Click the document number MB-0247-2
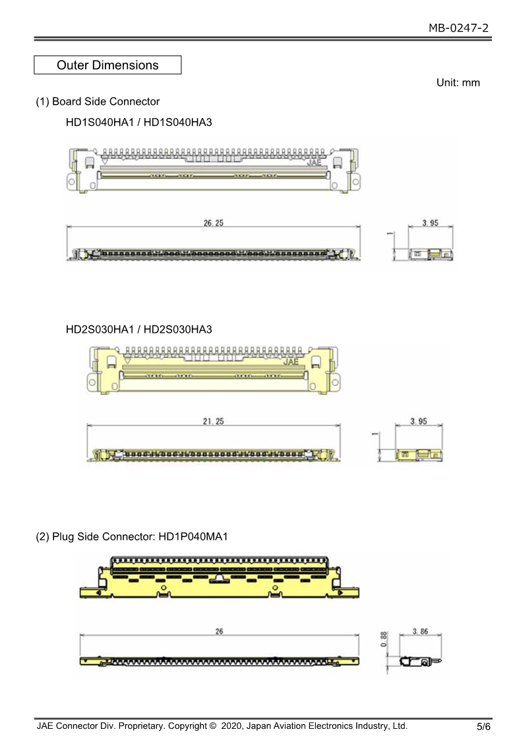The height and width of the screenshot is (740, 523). (x=458, y=28)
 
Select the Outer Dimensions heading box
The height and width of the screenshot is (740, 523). (x=108, y=65)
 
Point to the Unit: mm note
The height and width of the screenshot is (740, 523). (x=458, y=82)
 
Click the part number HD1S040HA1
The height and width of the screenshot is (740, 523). (x=100, y=122)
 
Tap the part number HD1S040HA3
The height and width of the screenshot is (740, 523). (x=177, y=122)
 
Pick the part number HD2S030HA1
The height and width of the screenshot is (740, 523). (x=100, y=329)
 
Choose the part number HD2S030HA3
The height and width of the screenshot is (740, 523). (x=177, y=329)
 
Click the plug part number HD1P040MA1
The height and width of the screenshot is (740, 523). (x=193, y=536)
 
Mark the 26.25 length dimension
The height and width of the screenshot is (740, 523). (x=214, y=223)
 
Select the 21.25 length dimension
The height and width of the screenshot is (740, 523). (x=214, y=421)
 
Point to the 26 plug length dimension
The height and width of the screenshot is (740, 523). (x=219, y=631)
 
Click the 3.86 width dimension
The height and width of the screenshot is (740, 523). (x=420, y=631)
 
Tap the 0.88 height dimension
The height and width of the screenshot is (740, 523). (x=384, y=639)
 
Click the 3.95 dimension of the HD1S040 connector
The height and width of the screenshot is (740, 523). (x=431, y=223)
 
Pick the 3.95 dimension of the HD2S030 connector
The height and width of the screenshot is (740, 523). (x=419, y=421)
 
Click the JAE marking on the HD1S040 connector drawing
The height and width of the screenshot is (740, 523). (x=314, y=162)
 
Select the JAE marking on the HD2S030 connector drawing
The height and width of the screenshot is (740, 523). (x=291, y=362)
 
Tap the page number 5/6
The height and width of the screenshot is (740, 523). (x=483, y=726)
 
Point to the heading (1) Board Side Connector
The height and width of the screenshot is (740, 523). (x=98, y=101)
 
